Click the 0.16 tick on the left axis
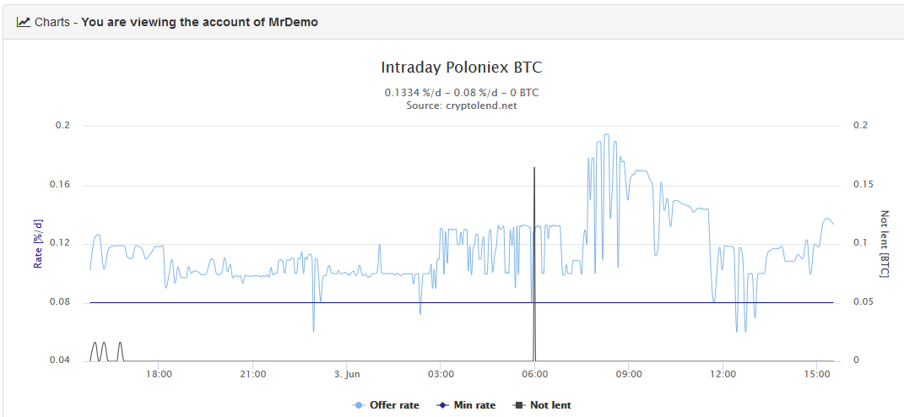62,185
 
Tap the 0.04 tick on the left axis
62,360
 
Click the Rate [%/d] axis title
38,243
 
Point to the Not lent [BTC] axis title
885,243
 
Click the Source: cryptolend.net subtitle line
462,106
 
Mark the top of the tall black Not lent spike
534,168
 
